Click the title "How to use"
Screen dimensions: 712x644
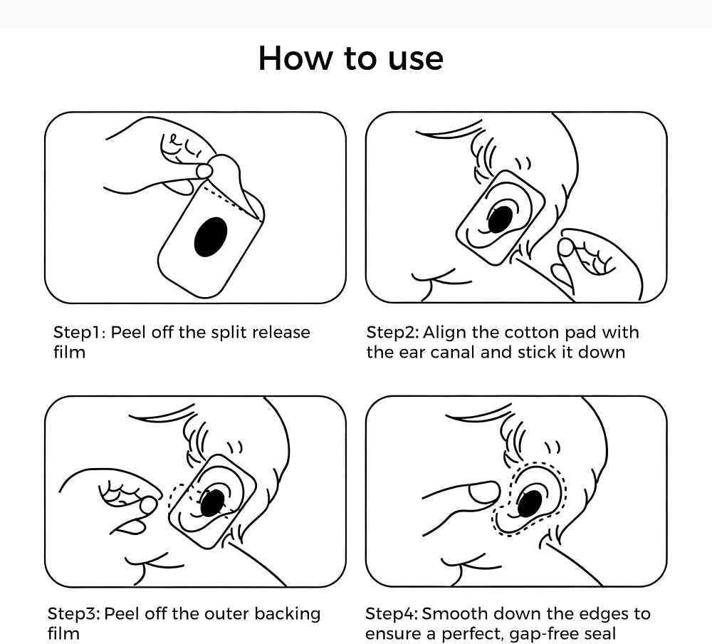pos(350,58)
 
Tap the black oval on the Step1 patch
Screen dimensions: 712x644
pos(211,237)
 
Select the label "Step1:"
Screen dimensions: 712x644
pos(80,332)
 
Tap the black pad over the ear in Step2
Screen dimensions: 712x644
pos(501,218)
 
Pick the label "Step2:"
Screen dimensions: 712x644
pos(393,332)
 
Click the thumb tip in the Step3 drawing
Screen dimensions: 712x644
pos(148,505)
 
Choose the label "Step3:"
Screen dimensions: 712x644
pos(74,614)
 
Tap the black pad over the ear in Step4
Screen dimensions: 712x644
pos(530,504)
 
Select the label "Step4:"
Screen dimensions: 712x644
pos(392,614)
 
